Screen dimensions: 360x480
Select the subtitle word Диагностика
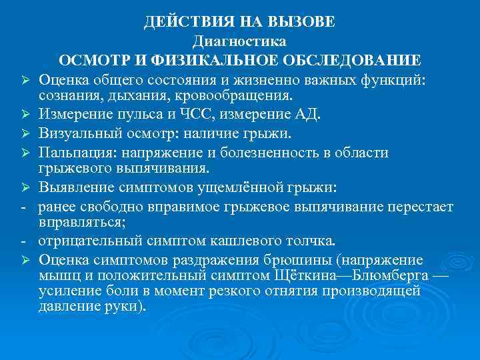(x=239, y=41)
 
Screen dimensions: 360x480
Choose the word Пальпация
(x=73, y=152)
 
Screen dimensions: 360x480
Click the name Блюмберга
(x=386, y=275)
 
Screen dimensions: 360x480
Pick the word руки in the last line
(x=123, y=308)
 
